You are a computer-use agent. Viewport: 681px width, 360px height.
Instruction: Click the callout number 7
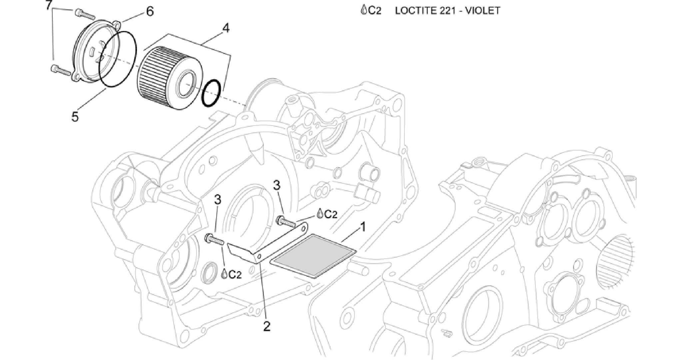click(49, 5)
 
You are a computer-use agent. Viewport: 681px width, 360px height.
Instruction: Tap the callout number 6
click(150, 12)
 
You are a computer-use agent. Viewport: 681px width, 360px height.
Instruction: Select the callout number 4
click(226, 28)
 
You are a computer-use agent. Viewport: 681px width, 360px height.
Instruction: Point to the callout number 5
click(75, 117)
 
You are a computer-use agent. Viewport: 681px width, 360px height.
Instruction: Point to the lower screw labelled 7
click(61, 70)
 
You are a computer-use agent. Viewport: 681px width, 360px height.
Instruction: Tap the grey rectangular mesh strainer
click(313, 256)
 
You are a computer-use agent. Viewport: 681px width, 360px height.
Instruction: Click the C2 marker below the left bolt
click(231, 274)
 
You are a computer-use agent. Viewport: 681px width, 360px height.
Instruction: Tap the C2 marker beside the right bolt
click(327, 214)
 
